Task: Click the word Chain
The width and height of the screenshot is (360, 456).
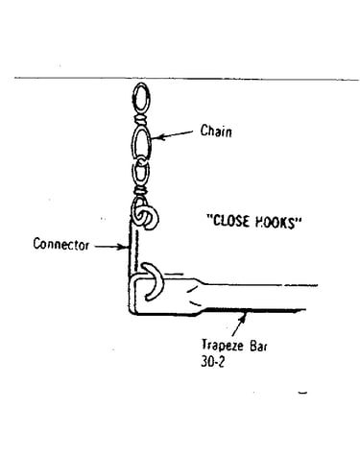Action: [x=216, y=131]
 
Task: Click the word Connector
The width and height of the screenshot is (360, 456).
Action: [x=61, y=244]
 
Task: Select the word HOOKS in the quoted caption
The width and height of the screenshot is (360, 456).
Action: [x=276, y=222]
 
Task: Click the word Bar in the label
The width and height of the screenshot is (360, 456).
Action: [x=258, y=346]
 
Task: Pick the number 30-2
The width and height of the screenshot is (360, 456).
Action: [x=213, y=362]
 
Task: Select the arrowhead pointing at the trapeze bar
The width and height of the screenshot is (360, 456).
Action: [x=244, y=317]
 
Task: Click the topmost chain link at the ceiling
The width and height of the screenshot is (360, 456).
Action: [x=141, y=99]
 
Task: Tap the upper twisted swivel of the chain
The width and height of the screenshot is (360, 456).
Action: [x=141, y=121]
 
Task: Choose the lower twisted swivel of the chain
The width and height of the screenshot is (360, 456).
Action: [x=140, y=191]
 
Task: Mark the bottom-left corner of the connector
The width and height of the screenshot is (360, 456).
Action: [x=131, y=313]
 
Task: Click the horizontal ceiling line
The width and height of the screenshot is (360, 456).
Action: [x=186, y=79]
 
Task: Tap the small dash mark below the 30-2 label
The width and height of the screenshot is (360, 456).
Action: [x=302, y=393]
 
